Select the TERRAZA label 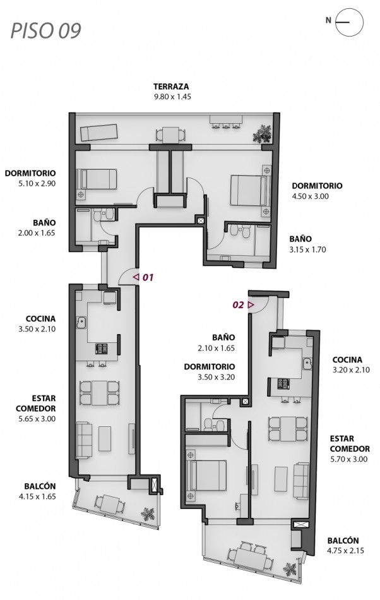[172, 87]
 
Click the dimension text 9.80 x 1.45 [172, 97]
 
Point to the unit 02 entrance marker [243, 304]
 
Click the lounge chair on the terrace [98, 131]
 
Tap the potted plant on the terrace [262, 133]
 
